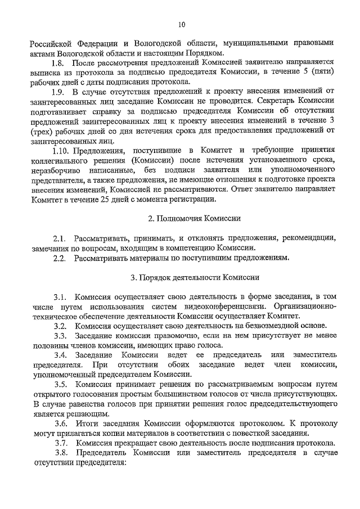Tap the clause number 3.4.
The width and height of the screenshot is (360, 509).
click(x=61, y=354)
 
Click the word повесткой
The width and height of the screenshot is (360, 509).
click(x=240, y=433)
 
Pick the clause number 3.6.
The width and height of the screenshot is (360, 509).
click(x=61, y=422)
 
